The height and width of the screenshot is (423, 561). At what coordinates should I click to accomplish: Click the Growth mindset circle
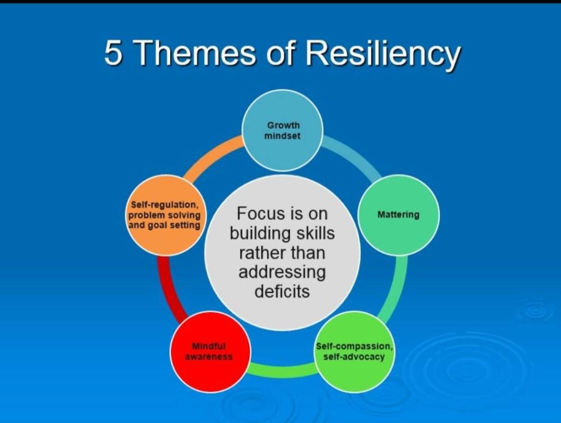point(282,130)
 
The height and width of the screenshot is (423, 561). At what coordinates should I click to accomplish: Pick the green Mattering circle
point(398,215)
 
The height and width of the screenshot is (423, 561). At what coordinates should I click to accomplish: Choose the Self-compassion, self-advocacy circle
point(354,352)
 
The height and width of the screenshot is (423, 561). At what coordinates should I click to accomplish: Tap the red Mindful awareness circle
point(210,352)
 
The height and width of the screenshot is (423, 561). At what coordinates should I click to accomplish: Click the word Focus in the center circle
point(256,213)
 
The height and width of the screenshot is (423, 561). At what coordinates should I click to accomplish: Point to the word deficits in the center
point(282,291)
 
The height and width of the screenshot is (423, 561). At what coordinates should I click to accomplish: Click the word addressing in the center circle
point(282,273)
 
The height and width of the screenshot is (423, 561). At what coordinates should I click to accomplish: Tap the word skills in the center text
point(315,233)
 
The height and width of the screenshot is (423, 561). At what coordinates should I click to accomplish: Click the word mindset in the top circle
point(282,136)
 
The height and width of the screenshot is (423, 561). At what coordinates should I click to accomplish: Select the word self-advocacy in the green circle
point(354,357)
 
